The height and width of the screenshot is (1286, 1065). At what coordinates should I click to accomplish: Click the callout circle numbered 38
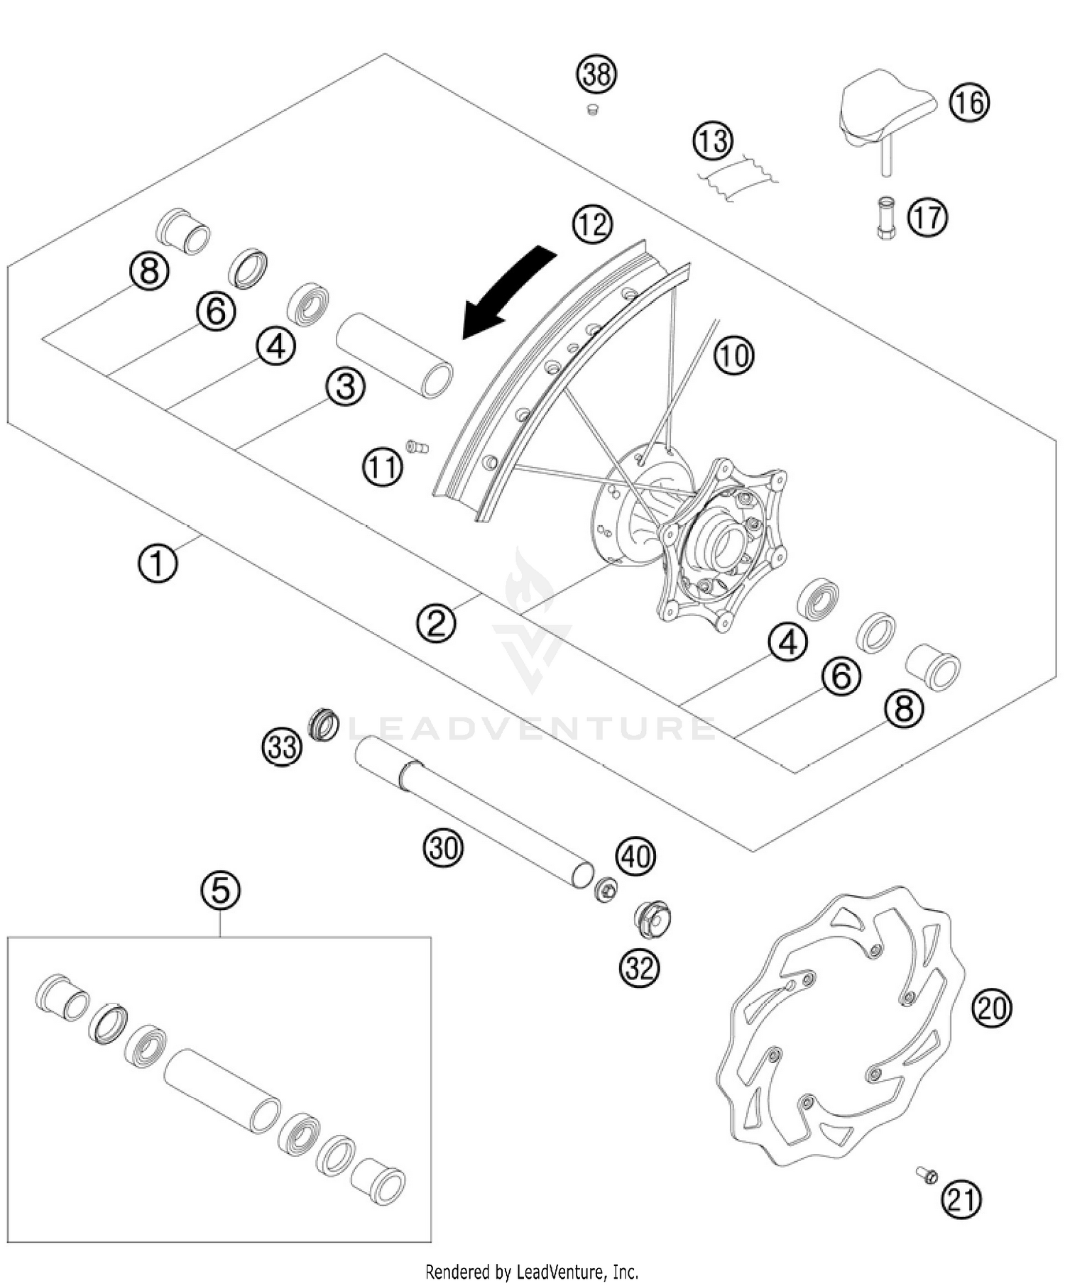tap(596, 75)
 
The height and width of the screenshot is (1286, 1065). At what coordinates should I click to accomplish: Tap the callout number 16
tap(969, 104)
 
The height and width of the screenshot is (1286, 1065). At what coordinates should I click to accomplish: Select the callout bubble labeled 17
tap(927, 217)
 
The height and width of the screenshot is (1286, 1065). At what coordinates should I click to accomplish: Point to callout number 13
tap(712, 140)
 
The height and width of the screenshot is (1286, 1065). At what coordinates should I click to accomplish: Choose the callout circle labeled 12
tap(592, 224)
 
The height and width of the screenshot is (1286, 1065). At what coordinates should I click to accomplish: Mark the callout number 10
tap(733, 354)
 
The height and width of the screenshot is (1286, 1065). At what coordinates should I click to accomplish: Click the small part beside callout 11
tap(417, 446)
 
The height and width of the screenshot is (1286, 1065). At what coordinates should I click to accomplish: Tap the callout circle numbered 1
tap(158, 564)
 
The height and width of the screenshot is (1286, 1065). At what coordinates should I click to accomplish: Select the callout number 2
tap(436, 622)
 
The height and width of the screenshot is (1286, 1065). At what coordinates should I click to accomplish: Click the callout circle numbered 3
tap(346, 388)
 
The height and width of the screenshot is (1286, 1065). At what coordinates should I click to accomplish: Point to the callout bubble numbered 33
tap(282, 747)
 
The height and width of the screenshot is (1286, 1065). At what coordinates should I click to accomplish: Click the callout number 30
tap(444, 847)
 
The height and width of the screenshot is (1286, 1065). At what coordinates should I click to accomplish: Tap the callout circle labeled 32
tap(639, 967)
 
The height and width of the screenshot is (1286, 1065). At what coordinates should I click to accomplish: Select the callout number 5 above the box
tap(220, 889)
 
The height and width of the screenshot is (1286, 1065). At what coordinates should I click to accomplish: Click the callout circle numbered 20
tap(992, 1007)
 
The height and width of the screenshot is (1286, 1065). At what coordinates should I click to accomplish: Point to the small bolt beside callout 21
tap(927, 1176)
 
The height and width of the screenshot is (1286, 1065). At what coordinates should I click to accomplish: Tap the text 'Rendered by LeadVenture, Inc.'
tap(532, 1271)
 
